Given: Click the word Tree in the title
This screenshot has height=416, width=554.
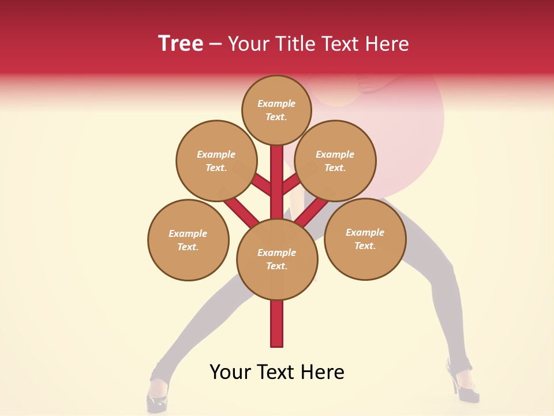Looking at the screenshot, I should [181, 43].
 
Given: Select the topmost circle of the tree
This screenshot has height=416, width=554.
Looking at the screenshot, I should [276, 110].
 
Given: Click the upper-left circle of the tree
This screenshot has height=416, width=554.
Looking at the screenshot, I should [216, 161].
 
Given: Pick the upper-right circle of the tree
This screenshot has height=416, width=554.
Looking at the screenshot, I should [335, 161].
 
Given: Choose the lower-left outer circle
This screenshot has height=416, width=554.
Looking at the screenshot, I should [188, 240].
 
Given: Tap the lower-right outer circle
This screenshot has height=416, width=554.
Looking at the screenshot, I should [365, 239].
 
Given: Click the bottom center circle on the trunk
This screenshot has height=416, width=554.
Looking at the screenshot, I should [277, 259].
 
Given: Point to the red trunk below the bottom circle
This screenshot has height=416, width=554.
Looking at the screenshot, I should [277, 324].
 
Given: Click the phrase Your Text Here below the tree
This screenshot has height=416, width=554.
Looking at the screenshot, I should [277, 372].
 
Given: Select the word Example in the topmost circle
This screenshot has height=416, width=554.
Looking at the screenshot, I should [276, 103].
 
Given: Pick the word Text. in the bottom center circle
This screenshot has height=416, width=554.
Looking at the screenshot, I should [276, 266].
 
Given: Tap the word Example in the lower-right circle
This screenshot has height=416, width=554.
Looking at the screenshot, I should [365, 232].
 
